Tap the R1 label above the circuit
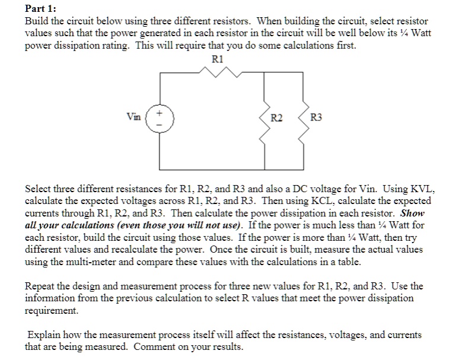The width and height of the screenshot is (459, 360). click(x=216, y=59)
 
